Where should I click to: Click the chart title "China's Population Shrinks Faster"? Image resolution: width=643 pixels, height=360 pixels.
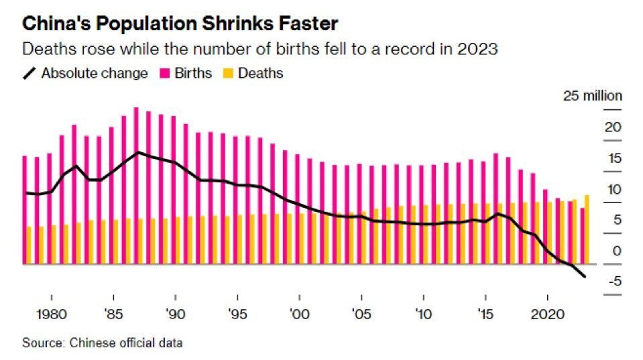180,25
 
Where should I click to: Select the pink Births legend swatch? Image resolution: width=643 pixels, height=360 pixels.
164,74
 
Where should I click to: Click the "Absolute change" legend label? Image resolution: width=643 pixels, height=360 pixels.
94,74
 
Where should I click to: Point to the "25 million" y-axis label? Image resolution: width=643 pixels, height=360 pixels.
592,96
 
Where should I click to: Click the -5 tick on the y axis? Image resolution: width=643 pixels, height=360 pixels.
613,282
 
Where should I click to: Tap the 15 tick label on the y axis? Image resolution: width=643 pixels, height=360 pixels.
613,158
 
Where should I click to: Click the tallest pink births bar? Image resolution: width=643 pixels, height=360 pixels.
136,186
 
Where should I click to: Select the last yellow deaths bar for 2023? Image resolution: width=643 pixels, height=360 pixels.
587,229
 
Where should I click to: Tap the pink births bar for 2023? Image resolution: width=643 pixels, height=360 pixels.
582,236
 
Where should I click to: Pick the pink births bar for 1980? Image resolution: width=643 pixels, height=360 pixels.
48,208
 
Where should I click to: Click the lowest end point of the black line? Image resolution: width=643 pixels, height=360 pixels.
585,277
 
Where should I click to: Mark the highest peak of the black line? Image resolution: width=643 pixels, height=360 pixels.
137,152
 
